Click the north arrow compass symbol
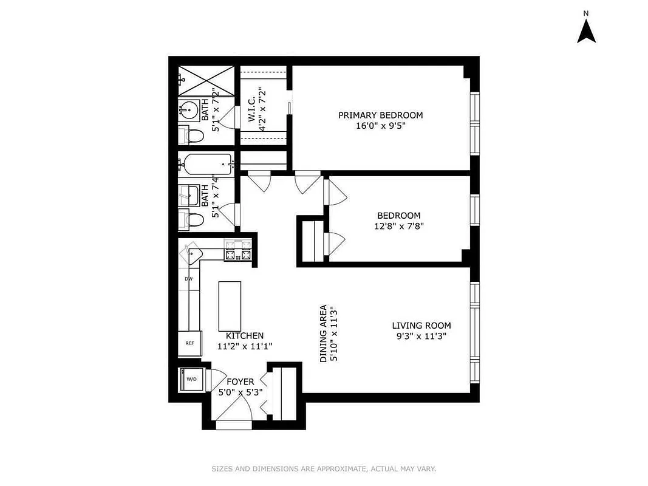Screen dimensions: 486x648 pyautogui.click(x=585, y=30)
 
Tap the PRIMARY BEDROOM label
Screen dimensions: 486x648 pyautogui.click(x=380, y=115)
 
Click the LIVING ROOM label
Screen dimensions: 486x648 pyautogui.click(x=421, y=326)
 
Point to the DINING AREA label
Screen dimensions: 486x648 pyautogui.click(x=324, y=334)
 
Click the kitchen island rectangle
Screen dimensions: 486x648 pyautogui.click(x=230, y=304)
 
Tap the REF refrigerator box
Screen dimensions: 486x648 pyautogui.click(x=189, y=343)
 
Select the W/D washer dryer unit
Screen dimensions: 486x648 pyautogui.click(x=191, y=380)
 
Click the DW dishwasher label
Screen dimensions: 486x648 pyautogui.click(x=189, y=279)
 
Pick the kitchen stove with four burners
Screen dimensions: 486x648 pyautogui.click(x=238, y=250)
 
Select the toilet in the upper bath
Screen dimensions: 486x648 pyautogui.click(x=194, y=135)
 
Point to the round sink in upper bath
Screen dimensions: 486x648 pyautogui.click(x=189, y=111)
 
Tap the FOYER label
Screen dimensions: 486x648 pyautogui.click(x=240, y=382)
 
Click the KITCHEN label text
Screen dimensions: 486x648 pyautogui.click(x=245, y=335)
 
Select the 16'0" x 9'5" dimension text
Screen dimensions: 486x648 pyautogui.click(x=380, y=126)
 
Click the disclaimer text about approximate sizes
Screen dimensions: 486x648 pyautogui.click(x=324, y=468)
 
